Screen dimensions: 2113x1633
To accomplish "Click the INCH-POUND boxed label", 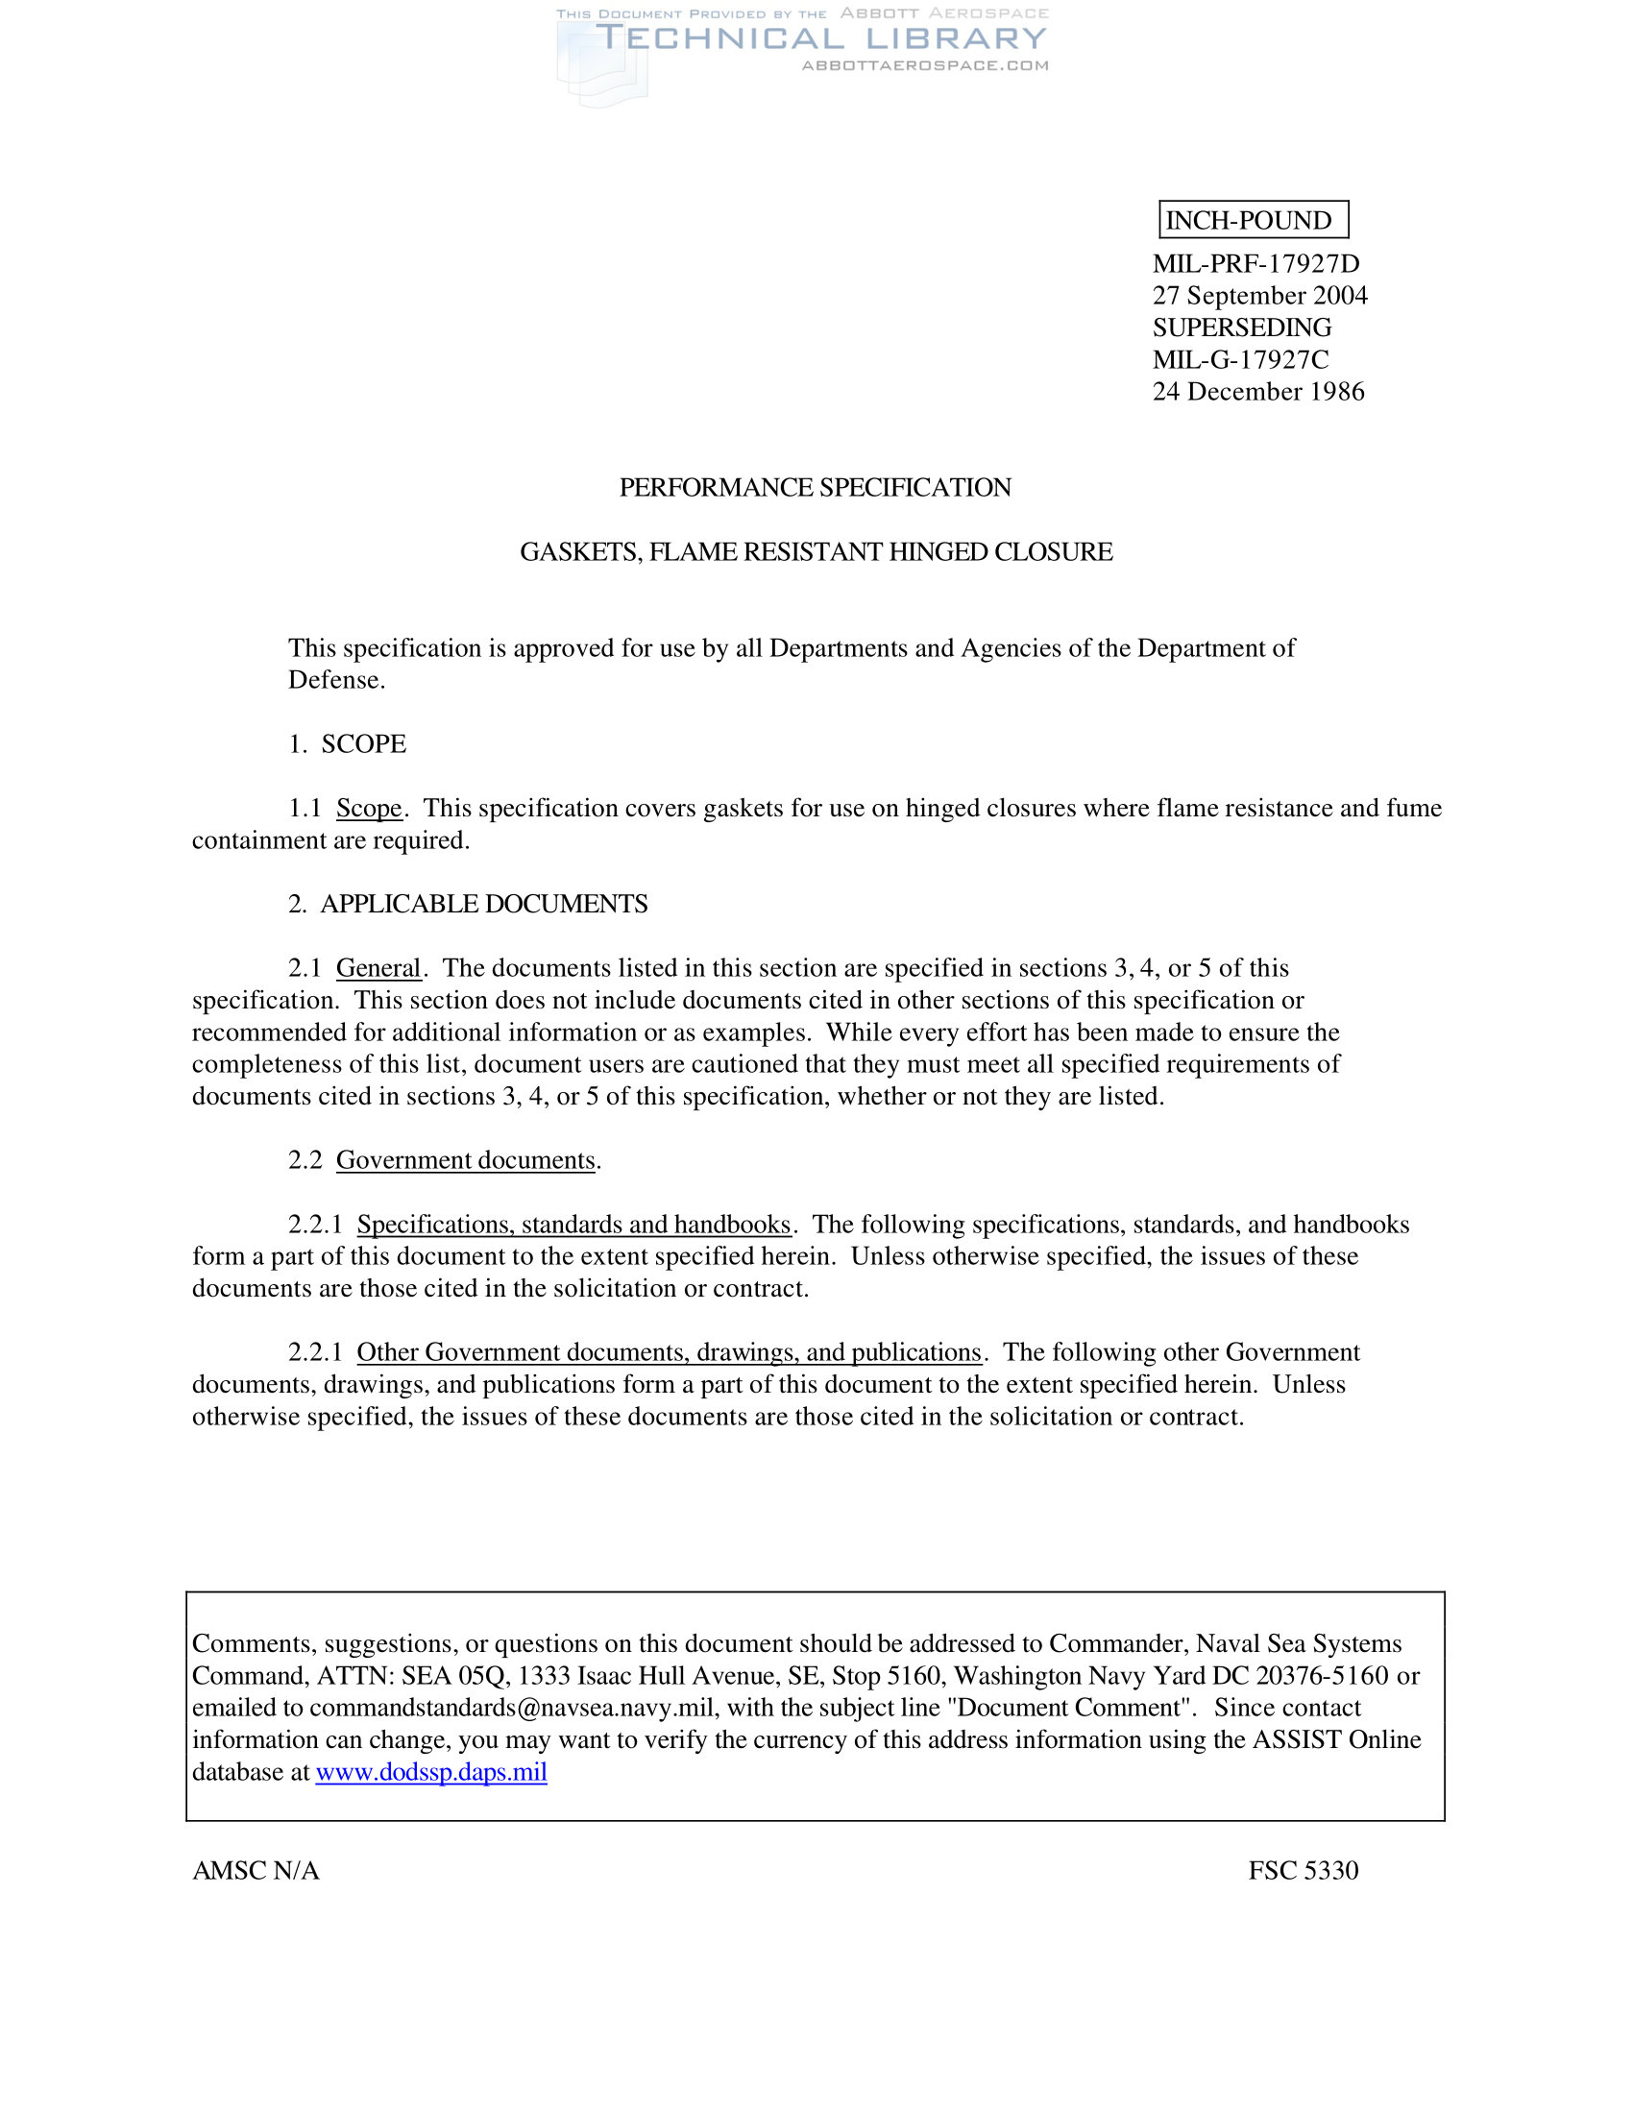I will click(1253, 220).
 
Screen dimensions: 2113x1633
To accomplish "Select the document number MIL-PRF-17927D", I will click(1255, 263).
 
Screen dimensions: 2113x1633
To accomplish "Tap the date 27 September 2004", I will click(1259, 295).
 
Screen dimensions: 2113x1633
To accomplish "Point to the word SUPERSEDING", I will click(1241, 327).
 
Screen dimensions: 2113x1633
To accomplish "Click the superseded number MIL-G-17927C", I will click(1240, 359).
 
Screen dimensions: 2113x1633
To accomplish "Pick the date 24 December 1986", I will click(1257, 391).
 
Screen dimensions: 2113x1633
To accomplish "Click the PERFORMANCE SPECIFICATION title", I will click(816, 487).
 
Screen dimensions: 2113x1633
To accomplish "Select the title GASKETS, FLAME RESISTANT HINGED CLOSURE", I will click(816, 551).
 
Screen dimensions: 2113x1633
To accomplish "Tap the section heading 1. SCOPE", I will click(348, 743).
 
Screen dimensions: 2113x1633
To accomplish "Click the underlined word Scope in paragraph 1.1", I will click(369, 808).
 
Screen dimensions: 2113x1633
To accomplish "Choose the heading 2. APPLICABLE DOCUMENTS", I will click(468, 904).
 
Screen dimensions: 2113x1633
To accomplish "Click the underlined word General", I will click(378, 967).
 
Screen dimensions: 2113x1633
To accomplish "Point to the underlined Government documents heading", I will click(465, 1160).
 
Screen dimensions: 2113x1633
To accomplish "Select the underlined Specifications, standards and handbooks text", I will click(573, 1224).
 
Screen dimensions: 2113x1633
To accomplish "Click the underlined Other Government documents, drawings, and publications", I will click(669, 1351).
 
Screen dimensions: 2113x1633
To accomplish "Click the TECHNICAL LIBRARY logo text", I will click(821, 38).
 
